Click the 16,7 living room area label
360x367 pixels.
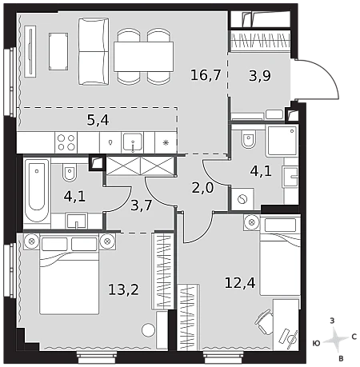(x=206, y=74)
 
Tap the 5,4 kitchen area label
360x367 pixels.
(x=98, y=120)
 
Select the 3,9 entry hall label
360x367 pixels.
(x=260, y=75)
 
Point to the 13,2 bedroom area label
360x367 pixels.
(x=124, y=289)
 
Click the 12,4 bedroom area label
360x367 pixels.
(x=240, y=282)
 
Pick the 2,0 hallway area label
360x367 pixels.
(x=202, y=188)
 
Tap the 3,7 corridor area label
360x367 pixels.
(x=142, y=205)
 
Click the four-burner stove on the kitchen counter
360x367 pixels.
(x=66, y=142)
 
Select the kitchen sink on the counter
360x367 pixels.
(x=133, y=142)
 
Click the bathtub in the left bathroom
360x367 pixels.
(x=37, y=190)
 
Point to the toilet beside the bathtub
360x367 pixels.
(x=70, y=173)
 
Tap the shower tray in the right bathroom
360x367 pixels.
(x=282, y=141)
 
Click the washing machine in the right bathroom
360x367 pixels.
(x=242, y=199)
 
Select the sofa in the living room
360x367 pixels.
(x=94, y=51)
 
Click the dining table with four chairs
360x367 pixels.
(x=143, y=57)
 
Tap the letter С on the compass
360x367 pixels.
(x=354, y=337)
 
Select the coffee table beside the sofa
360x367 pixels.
(x=58, y=52)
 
